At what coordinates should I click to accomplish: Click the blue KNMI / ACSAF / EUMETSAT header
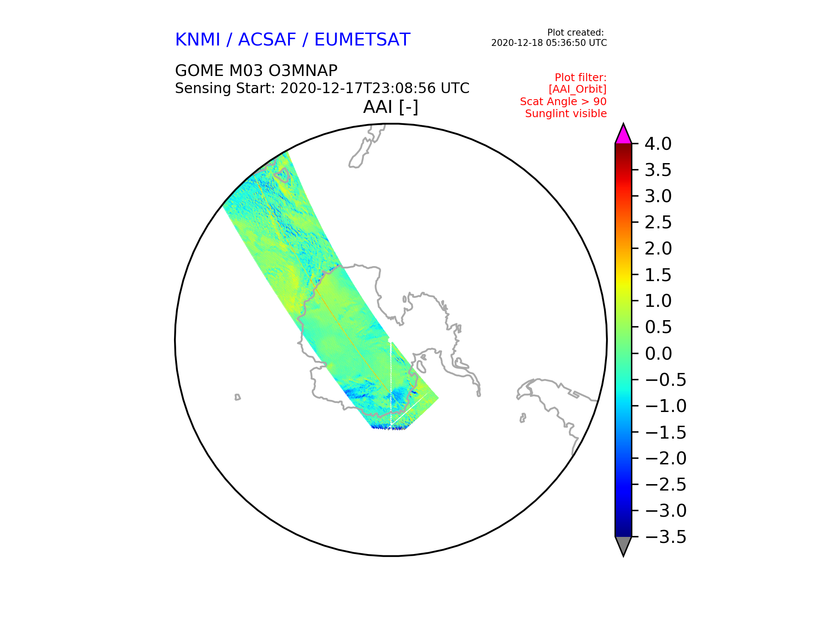pyautogui.click(x=293, y=39)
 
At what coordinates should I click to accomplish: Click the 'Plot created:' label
pyautogui.click(x=576, y=33)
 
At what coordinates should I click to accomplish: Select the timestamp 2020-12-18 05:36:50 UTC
pyautogui.click(x=549, y=43)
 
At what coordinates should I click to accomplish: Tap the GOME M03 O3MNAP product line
pyautogui.click(x=256, y=70)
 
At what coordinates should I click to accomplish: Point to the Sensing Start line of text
pyautogui.click(x=322, y=88)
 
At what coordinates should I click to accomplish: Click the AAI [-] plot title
pyautogui.click(x=390, y=107)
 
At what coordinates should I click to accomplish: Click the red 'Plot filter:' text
pyautogui.click(x=581, y=78)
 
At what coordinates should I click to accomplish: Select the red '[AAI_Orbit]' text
pyautogui.click(x=577, y=89)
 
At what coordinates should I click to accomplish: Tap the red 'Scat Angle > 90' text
pyautogui.click(x=563, y=102)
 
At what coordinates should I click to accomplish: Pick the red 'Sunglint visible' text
pyautogui.click(x=566, y=114)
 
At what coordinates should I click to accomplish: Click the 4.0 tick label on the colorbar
pyautogui.click(x=658, y=144)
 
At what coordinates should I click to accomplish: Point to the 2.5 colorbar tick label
pyautogui.click(x=658, y=222)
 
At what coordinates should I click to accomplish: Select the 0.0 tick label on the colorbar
pyautogui.click(x=658, y=354)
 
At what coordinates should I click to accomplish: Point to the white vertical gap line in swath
pyautogui.click(x=391, y=384)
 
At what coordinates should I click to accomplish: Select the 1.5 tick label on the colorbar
pyautogui.click(x=658, y=275)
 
